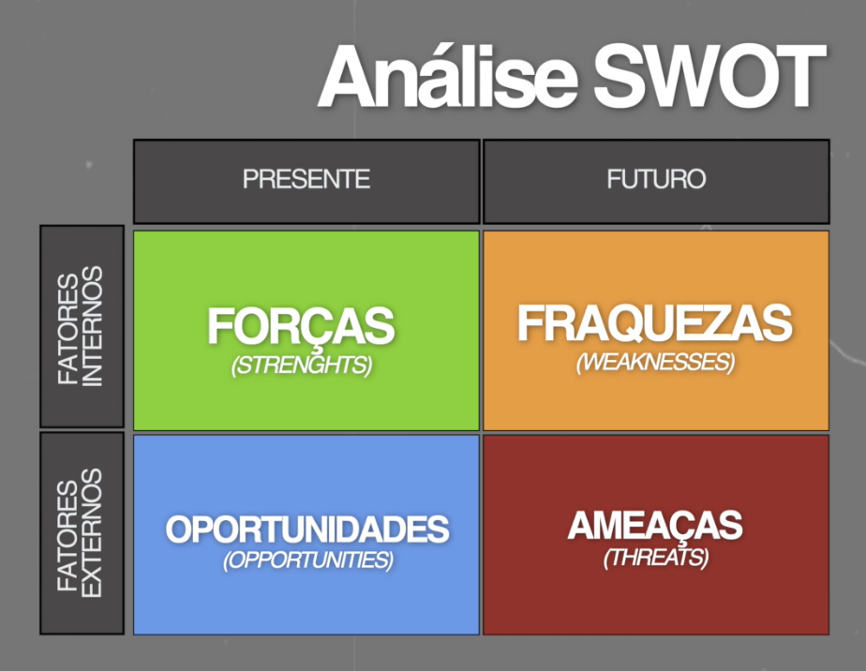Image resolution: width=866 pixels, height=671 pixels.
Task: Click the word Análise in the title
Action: point(448,76)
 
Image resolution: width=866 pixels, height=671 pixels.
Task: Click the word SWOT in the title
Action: point(709,76)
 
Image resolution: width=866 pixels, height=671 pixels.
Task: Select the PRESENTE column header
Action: point(306,179)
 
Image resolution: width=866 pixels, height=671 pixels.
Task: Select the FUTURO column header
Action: point(656,179)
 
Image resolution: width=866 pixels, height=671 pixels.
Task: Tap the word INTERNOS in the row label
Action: point(92,326)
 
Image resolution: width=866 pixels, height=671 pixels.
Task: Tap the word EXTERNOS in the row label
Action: point(92,533)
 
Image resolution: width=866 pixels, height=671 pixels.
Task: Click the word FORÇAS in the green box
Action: point(301,327)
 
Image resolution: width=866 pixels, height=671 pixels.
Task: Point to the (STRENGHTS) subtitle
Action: point(302,365)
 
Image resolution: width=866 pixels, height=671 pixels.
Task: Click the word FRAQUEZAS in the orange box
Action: point(655,323)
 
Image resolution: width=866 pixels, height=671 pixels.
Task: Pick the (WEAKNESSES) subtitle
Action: point(655,363)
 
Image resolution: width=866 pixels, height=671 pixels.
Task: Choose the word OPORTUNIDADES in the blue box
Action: point(307,529)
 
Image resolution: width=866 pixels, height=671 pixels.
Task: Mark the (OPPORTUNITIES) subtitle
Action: point(308,560)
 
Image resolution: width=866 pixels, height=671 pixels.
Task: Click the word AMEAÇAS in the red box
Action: point(655,526)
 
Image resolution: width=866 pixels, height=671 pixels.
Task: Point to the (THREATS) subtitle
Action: point(655,558)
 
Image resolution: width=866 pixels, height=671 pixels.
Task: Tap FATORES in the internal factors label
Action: point(67,329)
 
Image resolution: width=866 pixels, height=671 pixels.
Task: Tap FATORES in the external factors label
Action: point(67,536)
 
